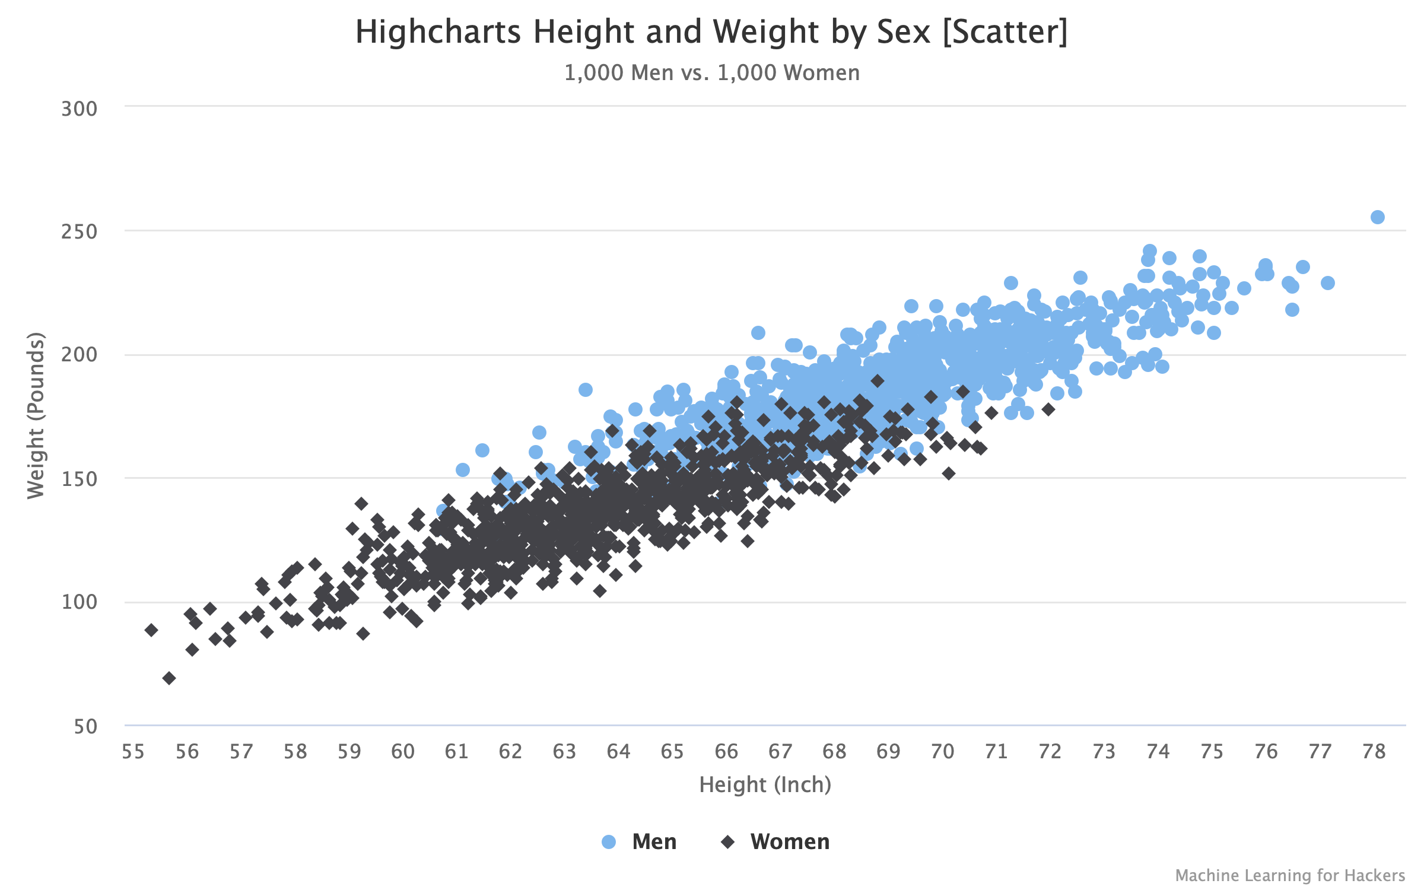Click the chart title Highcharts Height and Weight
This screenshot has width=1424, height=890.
point(711,32)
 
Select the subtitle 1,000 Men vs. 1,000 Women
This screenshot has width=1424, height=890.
point(711,73)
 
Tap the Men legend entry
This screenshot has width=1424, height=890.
point(654,841)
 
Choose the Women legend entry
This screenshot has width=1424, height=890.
point(790,841)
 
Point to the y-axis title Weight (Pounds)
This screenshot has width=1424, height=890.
point(36,415)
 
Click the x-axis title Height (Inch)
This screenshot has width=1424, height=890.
point(765,784)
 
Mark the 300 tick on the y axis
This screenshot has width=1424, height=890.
point(79,109)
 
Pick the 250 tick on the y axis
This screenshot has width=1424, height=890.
point(79,232)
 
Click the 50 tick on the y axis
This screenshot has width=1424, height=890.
point(85,726)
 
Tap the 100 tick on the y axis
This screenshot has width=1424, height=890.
point(79,602)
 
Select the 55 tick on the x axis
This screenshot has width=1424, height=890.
point(133,752)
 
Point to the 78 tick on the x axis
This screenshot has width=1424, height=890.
point(1374,752)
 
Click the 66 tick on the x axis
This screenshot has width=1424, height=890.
point(726,752)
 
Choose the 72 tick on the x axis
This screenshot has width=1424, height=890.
point(1050,752)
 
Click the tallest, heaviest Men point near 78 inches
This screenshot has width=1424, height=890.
point(1378,217)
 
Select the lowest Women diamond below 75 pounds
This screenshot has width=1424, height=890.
point(169,678)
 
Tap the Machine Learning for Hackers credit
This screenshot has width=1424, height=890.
point(1290,875)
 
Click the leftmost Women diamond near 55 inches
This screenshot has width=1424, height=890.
point(151,630)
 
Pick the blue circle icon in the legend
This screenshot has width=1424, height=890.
point(609,841)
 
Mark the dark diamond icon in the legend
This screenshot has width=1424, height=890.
point(728,841)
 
